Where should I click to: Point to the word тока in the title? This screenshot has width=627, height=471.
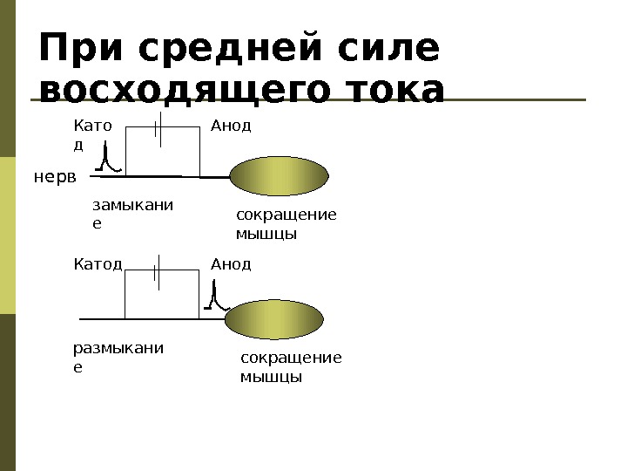click(x=394, y=92)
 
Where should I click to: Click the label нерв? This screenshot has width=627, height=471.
click(x=55, y=177)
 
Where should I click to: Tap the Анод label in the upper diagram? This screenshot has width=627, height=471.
click(x=231, y=126)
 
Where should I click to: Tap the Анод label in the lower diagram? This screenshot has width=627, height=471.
click(x=231, y=263)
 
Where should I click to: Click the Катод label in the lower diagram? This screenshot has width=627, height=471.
click(x=97, y=263)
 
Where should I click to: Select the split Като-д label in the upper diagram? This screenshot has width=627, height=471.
click(x=92, y=134)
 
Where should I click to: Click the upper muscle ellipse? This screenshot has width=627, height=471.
click(x=279, y=177)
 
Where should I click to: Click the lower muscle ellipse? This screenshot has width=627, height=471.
click(x=274, y=319)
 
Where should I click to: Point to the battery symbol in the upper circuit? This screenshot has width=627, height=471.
click(x=158, y=127)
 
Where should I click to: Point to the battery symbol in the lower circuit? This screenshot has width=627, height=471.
click(x=158, y=270)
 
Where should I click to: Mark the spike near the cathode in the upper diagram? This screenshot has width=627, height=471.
click(x=106, y=158)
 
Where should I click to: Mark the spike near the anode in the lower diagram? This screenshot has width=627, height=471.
click(x=214, y=297)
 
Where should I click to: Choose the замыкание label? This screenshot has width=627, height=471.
click(x=131, y=214)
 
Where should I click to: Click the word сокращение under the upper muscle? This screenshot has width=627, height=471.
click(x=286, y=215)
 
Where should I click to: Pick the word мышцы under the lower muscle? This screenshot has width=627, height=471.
click(x=271, y=378)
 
